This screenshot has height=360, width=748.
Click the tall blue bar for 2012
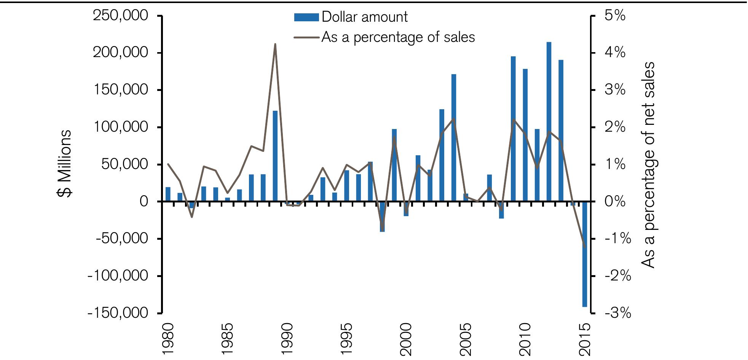[549, 122]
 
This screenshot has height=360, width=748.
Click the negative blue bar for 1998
[382, 217]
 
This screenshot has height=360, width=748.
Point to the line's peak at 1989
[275, 44]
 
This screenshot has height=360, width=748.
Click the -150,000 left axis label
[118, 313]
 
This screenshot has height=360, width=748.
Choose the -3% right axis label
[617, 313]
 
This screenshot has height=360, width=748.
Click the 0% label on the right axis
[615, 201]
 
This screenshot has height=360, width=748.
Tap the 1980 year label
[168, 339]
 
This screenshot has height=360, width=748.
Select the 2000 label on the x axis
[406, 339]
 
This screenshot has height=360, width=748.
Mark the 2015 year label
[585, 339]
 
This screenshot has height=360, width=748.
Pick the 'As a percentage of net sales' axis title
[648, 164]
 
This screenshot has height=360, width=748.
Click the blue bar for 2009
[513, 129]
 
